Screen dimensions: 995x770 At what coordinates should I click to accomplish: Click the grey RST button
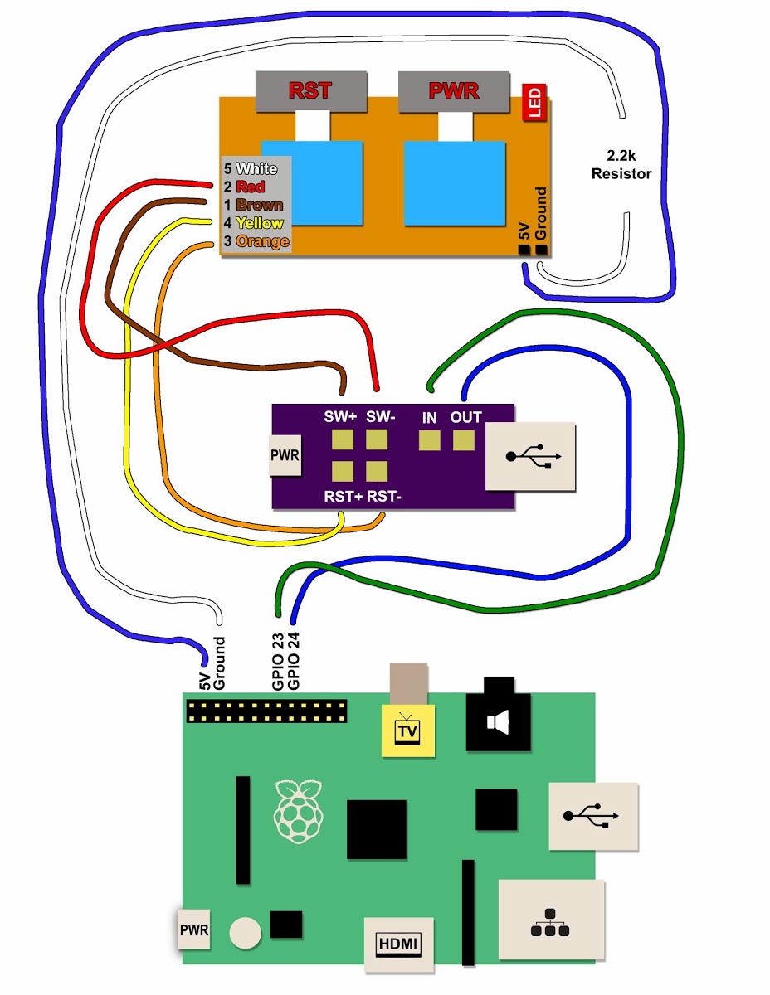(x=310, y=91)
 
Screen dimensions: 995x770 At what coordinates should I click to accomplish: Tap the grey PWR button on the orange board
(x=454, y=91)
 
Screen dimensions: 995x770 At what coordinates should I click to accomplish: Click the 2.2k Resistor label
(x=621, y=163)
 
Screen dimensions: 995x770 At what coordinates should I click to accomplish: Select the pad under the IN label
(x=429, y=440)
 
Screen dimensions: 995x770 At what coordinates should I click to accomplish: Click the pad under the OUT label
(x=464, y=440)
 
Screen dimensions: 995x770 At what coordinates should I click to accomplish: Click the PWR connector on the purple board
(x=285, y=454)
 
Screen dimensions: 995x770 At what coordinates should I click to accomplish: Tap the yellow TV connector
(x=407, y=731)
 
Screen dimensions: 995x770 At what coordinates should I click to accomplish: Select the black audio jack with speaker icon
(x=498, y=723)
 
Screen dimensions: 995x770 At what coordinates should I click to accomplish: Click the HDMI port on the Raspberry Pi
(x=398, y=944)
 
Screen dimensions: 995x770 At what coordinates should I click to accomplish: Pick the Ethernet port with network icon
(x=551, y=919)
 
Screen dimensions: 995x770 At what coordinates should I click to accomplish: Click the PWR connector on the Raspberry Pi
(x=194, y=929)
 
